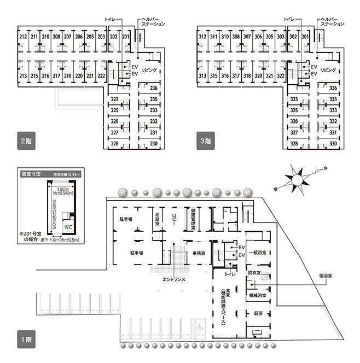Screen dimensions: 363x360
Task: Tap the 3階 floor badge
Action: (205, 140)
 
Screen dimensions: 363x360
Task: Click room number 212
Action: (23, 37)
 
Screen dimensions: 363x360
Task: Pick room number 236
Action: (154, 89)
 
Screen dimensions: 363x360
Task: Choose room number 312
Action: (202, 37)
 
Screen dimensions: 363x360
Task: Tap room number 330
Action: (333, 144)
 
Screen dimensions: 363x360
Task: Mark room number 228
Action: (115, 144)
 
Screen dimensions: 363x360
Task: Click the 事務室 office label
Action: (199, 254)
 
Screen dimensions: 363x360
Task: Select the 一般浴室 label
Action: (257, 253)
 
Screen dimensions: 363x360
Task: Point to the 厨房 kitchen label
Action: (258, 313)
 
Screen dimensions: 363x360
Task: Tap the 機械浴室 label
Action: (257, 296)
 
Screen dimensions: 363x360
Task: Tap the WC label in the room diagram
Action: (68, 225)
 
